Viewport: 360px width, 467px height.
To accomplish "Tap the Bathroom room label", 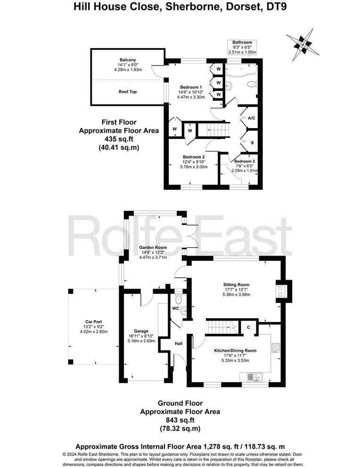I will tap(242, 42).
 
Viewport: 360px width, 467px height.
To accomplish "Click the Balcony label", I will tap(128, 60).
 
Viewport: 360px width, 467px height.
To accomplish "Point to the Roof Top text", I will tap(128, 92).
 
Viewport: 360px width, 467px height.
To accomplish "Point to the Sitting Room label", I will tap(236, 285).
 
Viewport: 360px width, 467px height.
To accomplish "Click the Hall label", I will tap(179, 344).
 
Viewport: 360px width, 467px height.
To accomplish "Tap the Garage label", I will tap(141, 331).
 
